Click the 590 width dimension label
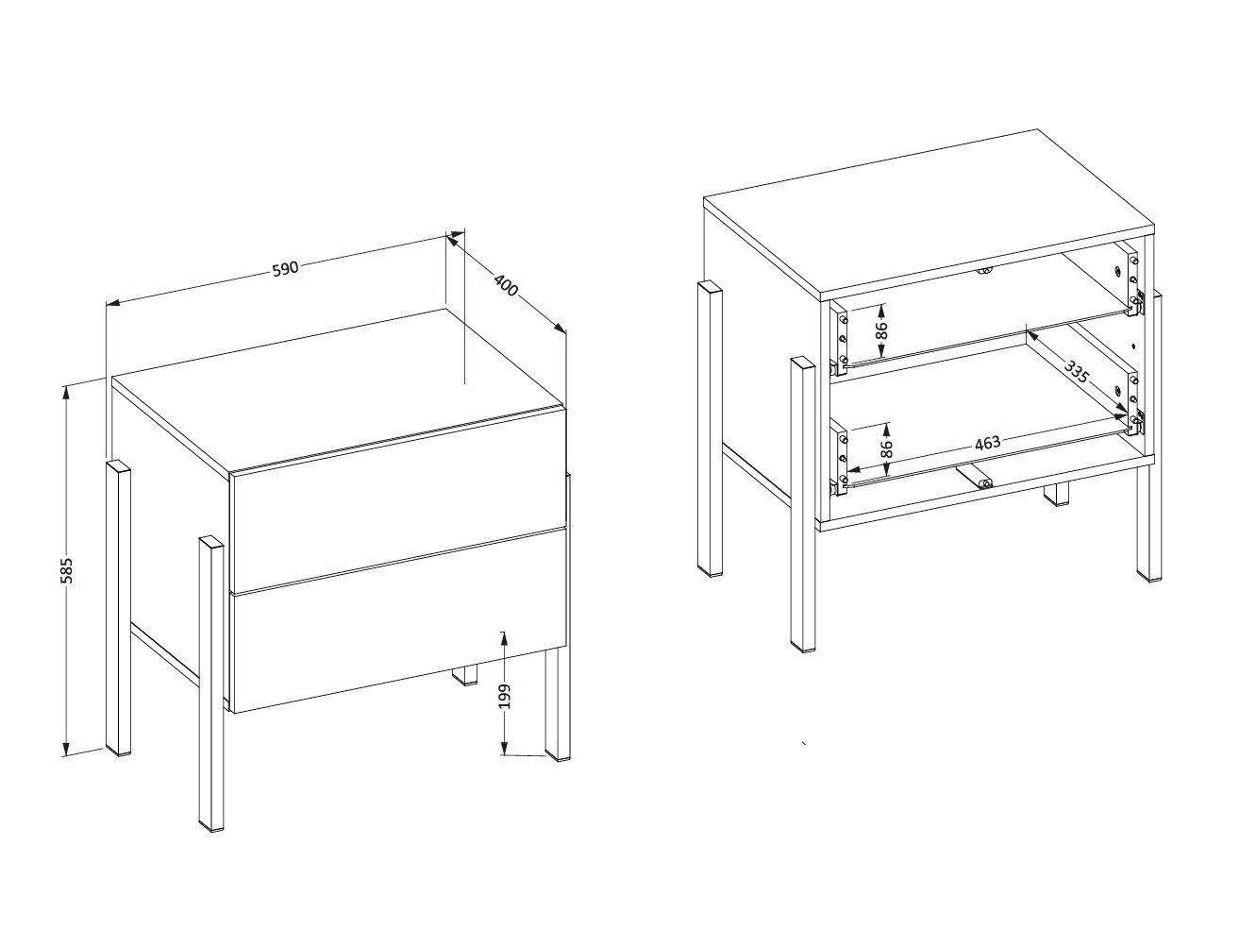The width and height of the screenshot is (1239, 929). click(285, 269)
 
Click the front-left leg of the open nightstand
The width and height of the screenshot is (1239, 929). click(802, 505)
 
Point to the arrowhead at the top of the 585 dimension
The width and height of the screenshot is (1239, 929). click(66, 390)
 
